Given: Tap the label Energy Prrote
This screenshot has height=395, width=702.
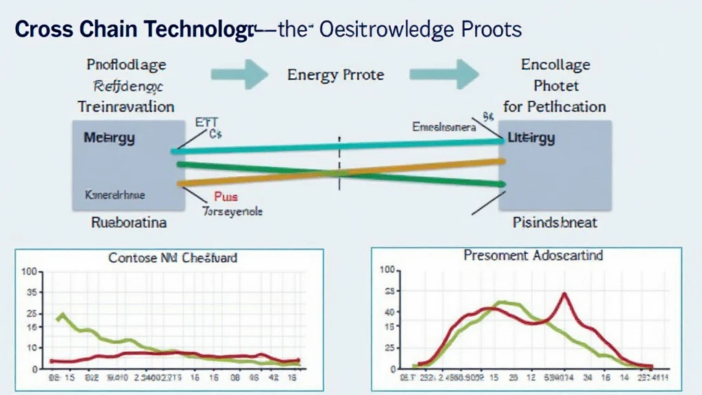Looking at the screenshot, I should (335, 74).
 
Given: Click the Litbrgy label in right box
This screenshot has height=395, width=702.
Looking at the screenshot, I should (531, 138).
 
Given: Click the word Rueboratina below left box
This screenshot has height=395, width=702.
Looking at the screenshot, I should (128, 223).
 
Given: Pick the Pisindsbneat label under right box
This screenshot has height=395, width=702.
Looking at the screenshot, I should (555, 222).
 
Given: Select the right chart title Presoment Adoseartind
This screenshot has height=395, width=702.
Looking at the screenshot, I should (533, 256).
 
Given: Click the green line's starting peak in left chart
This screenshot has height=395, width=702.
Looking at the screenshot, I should (62, 315).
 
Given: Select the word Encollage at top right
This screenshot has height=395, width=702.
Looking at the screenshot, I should (555, 65).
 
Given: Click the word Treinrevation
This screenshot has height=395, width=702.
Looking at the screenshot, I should (125, 107).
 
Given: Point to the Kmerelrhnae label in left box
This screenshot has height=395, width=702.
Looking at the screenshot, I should (114, 195).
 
